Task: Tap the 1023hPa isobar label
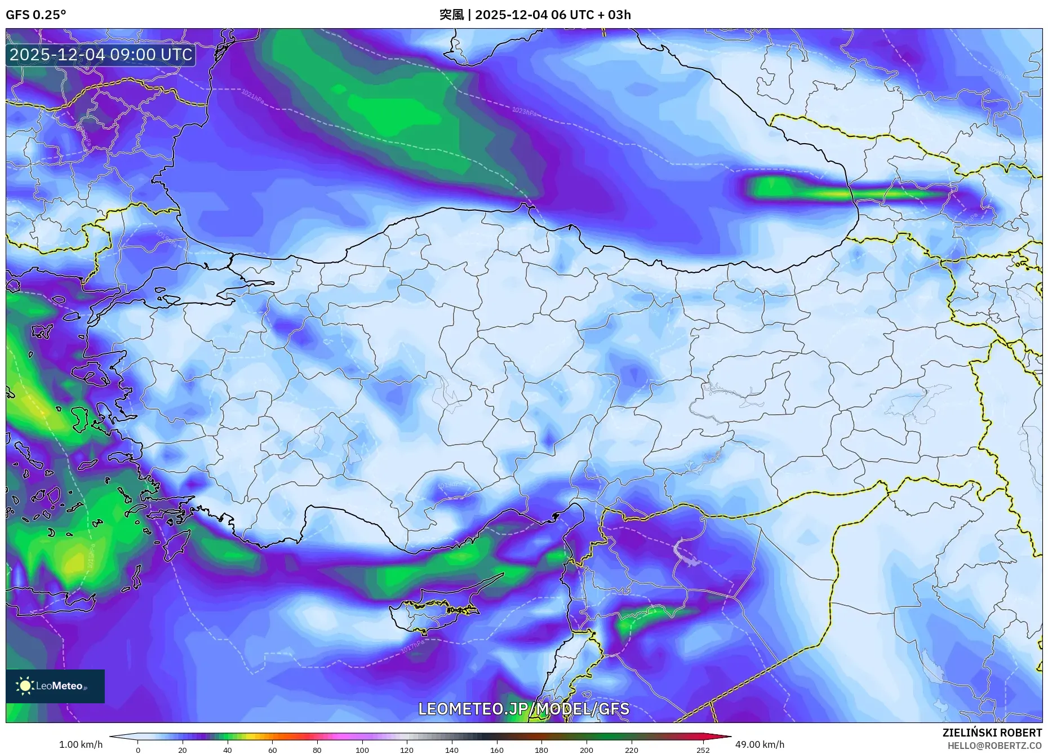pyautogui.click(x=524, y=111)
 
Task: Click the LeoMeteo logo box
pyautogui.click(x=55, y=686)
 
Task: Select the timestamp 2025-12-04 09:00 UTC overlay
pyautogui.click(x=101, y=55)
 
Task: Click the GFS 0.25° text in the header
pyautogui.click(x=35, y=15)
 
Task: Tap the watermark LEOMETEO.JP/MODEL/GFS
pyautogui.click(x=523, y=708)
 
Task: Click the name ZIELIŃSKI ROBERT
pyautogui.click(x=992, y=733)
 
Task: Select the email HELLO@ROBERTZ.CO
pyautogui.click(x=994, y=746)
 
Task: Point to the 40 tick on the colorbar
pyautogui.click(x=227, y=749)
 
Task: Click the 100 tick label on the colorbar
pyautogui.click(x=362, y=749)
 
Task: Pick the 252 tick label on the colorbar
pyautogui.click(x=703, y=749)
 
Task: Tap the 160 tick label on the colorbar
pyautogui.click(x=496, y=749)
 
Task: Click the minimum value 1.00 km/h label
pyautogui.click(x=81, y=744)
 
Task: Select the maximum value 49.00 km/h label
pyautogui.click(x=760, y=744)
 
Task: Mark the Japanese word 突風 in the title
pyautogui.click(x=451, y=15)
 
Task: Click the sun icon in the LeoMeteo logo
pyautogui.click(x=25, y=686)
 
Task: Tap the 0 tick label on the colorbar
pyautogui.click(x=137, y=749)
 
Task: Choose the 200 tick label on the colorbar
pyautogui.click(x=586, y=749)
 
